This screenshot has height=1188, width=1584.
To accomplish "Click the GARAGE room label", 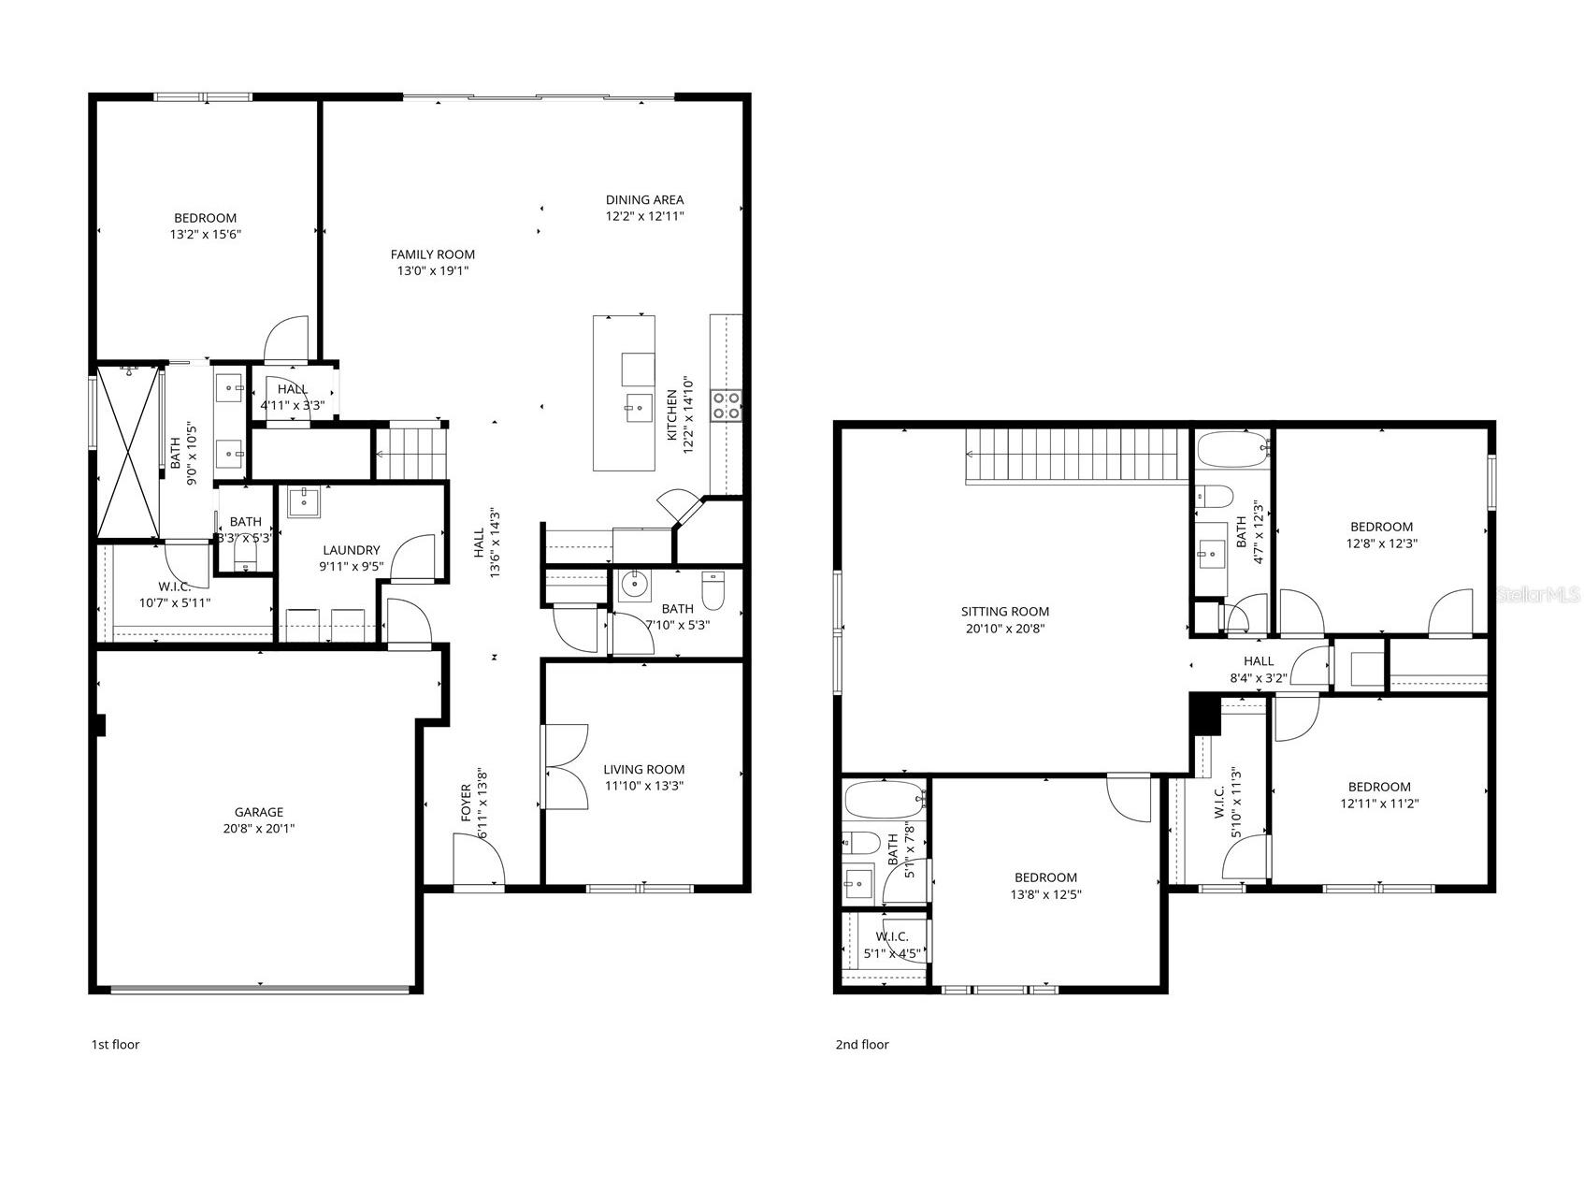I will [x=258, y=812].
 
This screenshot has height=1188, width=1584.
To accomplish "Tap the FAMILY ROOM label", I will [x=432, y=254].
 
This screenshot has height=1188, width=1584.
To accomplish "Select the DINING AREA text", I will [x=644, y=199].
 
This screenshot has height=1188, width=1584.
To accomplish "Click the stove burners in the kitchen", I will [x=727, y=405].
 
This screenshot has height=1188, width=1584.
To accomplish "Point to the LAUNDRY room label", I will [x=351, y=550].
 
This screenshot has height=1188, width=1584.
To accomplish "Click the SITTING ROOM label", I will [x=1004, y=612].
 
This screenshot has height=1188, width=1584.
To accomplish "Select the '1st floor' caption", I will [x=115, y=1044].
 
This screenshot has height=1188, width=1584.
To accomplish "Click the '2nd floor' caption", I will [x=861, y=1044].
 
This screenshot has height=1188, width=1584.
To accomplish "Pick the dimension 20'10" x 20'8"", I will [x=1004, y=629].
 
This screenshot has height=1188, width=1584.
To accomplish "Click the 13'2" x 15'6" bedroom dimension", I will [x=205, y=235].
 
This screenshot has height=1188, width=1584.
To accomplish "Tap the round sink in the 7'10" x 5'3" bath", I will [x=634, y=585].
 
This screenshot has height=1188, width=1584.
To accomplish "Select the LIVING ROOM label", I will [x=643, y=769].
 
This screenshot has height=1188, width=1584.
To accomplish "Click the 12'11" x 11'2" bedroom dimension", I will [x=1378, y=804].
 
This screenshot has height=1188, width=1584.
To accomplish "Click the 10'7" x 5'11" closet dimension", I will [x=174, y=603].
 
